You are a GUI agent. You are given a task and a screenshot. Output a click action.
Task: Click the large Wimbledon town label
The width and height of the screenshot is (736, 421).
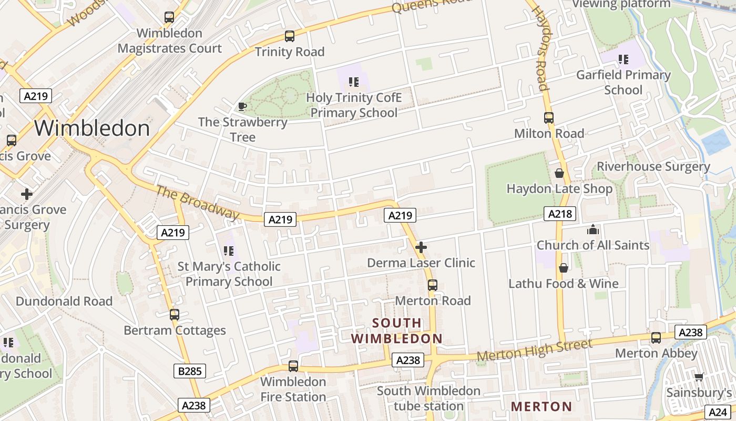(92, 128)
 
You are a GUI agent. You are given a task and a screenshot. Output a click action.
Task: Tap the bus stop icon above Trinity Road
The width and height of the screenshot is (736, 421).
(290, 36)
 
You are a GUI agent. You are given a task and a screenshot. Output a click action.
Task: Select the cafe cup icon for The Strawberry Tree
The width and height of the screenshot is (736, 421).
(242, 107)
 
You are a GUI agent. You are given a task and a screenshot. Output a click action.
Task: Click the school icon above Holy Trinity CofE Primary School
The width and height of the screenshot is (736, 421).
(354, 82)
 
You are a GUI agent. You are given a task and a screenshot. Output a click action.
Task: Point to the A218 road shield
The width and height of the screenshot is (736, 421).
(559, 214)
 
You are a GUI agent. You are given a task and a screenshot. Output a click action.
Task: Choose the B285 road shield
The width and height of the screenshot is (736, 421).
(189, 371)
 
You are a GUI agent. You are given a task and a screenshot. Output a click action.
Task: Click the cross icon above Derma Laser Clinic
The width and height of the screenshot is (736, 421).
(421, 247)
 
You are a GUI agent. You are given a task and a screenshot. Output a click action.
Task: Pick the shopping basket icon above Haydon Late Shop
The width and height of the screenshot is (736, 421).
(559, 173)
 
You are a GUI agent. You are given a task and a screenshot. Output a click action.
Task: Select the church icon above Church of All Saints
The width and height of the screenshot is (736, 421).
(593, 229)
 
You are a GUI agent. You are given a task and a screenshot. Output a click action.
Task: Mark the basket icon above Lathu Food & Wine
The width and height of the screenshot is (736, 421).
(564, 268)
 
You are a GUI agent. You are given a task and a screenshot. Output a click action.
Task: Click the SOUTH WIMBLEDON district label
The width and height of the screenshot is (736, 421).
(397, 330)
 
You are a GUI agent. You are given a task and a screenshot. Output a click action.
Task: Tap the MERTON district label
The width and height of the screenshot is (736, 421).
(541, 407)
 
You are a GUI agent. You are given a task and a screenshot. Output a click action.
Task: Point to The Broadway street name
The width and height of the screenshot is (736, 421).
(197, 202)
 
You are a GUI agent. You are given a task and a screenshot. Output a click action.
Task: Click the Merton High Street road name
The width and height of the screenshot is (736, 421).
(535, 351)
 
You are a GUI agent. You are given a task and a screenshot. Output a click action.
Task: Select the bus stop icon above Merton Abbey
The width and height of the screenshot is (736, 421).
(656, 338)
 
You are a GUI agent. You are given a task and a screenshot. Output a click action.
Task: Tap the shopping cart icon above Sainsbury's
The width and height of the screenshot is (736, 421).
(699, 377)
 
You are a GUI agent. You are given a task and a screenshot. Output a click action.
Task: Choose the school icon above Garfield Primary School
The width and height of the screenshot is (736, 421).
(623, 59)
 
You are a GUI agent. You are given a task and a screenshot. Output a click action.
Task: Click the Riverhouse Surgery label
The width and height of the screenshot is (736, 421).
(653, 167)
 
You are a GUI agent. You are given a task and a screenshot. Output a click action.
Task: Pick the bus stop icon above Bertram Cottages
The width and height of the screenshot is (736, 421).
(175, 315)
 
